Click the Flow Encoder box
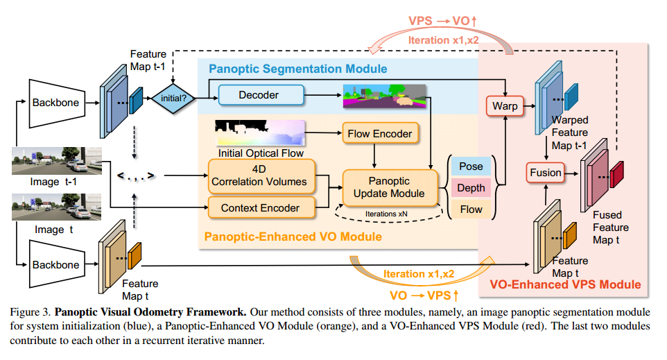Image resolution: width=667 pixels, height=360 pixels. [378, 133]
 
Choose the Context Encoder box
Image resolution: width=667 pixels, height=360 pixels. [260, 207]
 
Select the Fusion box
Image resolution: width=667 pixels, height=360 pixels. [545, 172]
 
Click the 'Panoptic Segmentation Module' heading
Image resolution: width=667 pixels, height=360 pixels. [298, 69]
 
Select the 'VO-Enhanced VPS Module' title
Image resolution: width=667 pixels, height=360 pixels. [565, 284]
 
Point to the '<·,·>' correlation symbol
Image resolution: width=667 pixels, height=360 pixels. [136, 175]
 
